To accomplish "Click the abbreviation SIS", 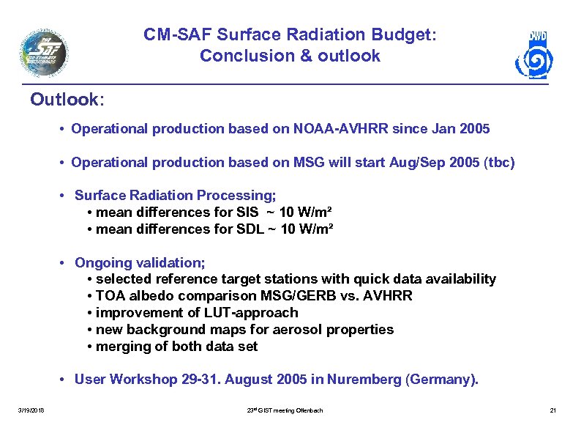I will (247, 212).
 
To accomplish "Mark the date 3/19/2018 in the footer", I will (31, 410).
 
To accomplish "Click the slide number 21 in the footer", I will (553, 410).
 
